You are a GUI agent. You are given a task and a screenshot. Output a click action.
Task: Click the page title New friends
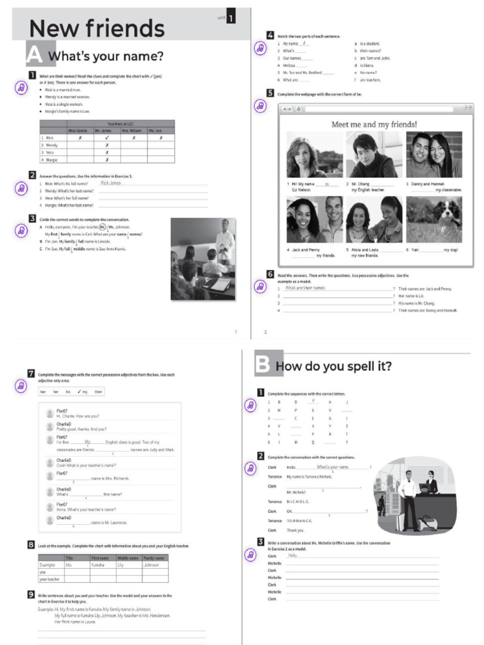point(96,28)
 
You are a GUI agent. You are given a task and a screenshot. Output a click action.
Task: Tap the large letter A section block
point(35,55)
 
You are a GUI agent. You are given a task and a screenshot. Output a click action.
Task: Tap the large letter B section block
point(263,365)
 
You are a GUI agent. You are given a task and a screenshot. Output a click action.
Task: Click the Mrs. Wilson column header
point(134,130)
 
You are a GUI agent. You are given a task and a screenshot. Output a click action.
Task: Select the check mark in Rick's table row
point(107,137)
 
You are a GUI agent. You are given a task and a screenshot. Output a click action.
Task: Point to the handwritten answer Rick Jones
point(110,183)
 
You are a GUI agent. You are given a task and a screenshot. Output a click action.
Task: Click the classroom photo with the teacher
point(203,258)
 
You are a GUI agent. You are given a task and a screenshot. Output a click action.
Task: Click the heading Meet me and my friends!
point(374,124)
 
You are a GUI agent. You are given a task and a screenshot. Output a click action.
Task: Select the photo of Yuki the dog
point(434,220)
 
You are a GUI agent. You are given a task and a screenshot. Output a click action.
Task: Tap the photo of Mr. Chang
point(371,155)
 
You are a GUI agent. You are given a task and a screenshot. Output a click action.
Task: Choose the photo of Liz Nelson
point(313,155)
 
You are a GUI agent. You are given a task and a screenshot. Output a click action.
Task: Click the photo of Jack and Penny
point(313,220)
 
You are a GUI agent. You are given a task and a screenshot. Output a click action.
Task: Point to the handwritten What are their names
point(306,288)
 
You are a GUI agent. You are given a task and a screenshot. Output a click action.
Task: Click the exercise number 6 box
point(270,274)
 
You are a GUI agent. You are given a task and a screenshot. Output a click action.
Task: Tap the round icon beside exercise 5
point(260,106)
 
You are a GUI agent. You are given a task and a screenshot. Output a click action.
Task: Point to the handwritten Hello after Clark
point(293,556)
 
